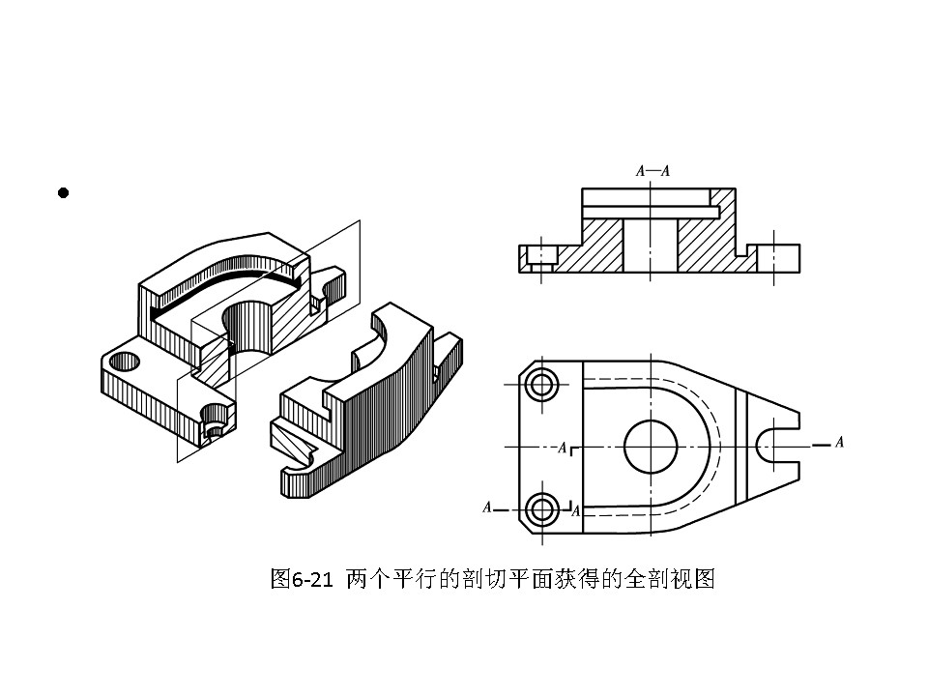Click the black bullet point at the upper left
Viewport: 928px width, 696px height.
coord(64,193)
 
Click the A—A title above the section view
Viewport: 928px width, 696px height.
coord(652,170)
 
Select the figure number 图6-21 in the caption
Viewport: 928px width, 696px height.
coord(302,580)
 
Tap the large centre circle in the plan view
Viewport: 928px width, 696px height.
coord(650,446)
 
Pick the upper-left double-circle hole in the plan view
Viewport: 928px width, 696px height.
coord(543,385)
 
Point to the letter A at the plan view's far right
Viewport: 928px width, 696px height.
coord(839,442)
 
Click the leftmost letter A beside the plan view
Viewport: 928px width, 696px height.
coord(487,507)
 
